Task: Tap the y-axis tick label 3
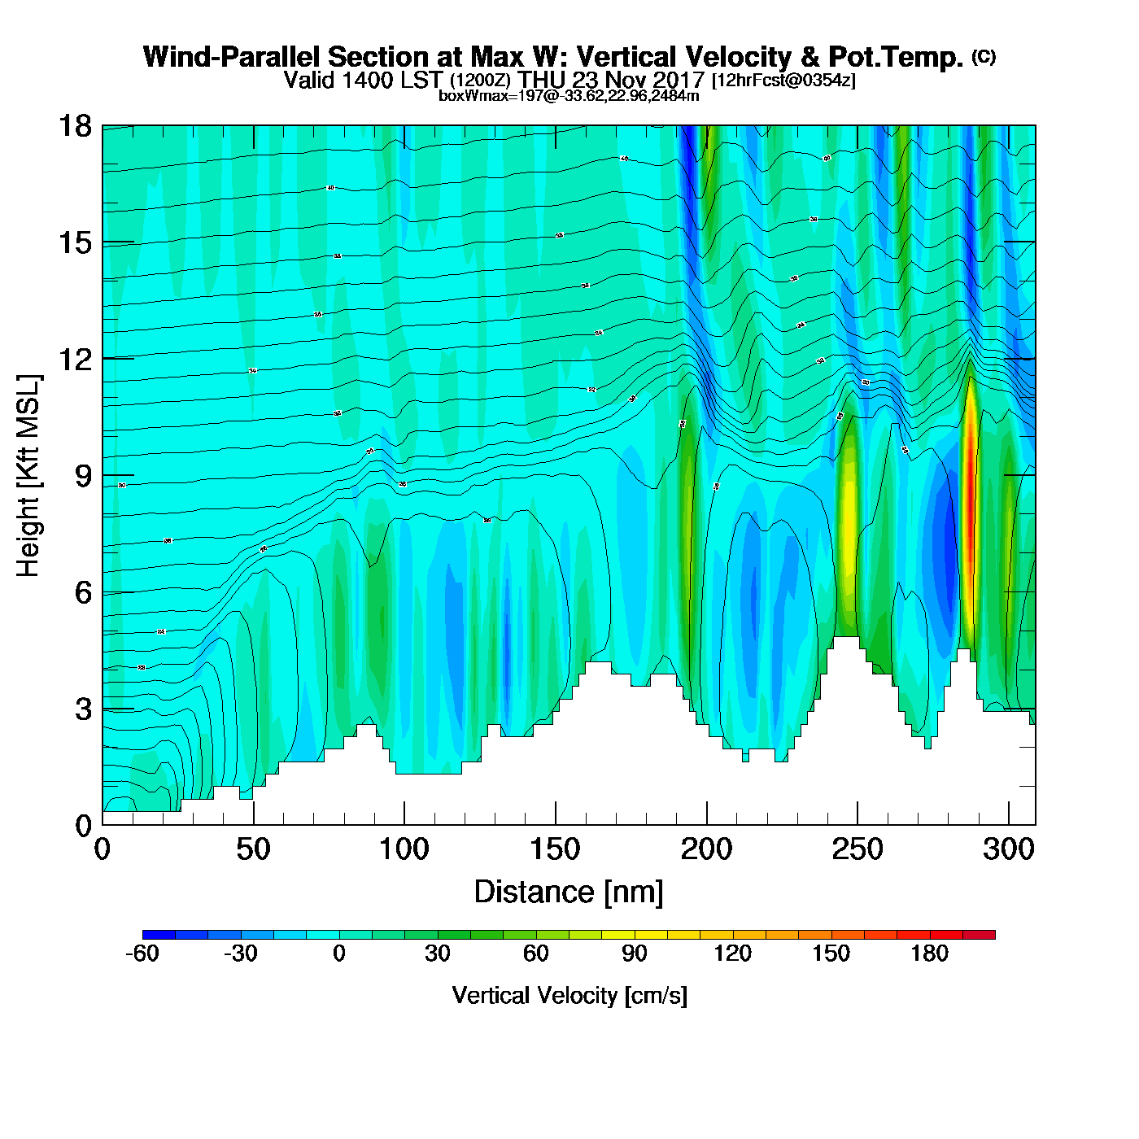83,709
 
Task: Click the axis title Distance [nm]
569,892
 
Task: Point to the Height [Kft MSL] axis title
28,476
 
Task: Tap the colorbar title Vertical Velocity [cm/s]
569,995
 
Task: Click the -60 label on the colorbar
142,954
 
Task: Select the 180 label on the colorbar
929,954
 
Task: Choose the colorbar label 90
634,954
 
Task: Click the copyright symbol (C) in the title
984,56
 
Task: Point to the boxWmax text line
569,95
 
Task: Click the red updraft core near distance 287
970,504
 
